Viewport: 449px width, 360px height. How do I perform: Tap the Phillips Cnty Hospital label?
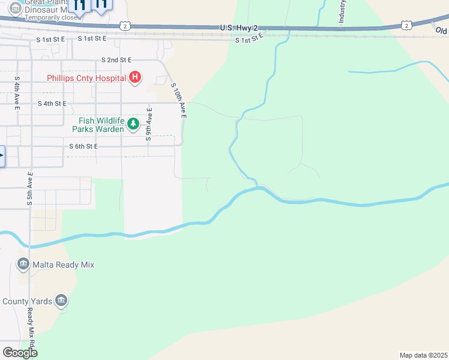point(86,78)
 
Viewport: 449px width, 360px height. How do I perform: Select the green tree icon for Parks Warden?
point(133,125)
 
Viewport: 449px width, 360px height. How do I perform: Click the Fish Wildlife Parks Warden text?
point(98,125)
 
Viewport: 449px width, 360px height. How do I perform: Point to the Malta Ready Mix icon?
point(23,264)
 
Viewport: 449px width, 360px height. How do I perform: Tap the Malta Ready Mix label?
point(63,265)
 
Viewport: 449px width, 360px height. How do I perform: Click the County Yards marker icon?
point(61,301)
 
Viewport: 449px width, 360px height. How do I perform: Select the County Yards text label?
point(27,301)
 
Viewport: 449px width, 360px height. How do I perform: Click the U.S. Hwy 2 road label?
point(239,28)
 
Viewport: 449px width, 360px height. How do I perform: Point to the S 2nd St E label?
point(116,60)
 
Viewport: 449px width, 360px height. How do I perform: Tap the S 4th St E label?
point(52,103)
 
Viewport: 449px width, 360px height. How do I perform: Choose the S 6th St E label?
point(83,146)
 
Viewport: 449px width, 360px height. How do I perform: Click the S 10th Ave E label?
point(179,101)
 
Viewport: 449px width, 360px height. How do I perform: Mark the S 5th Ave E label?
point(29,188)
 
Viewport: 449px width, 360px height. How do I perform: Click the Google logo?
point(20,353)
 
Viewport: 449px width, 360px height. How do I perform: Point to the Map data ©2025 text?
point(423,355)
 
